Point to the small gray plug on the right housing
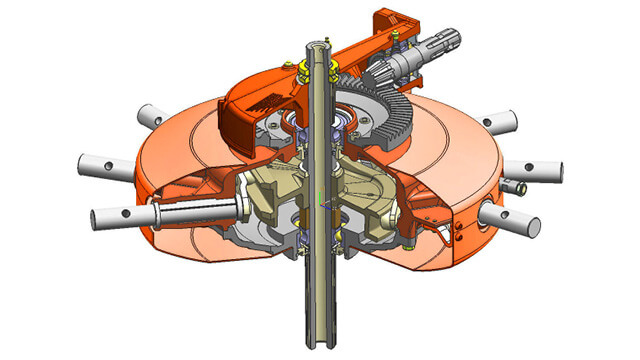(x=517, y=186)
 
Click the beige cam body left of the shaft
(x=260, y=190)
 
